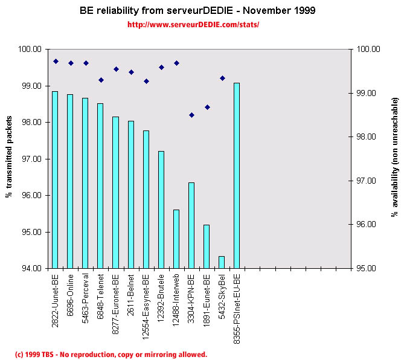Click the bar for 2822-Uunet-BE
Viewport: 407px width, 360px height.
[55, 179]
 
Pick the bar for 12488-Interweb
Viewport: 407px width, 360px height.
[176, 239]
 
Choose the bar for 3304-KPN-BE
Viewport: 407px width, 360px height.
[191, 225]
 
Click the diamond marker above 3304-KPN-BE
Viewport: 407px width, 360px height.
[191, 115]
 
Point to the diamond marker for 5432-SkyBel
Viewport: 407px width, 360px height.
[222, 78]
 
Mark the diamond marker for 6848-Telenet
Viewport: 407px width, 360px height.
[101, 80]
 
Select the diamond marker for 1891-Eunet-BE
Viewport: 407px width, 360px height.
[207, 107]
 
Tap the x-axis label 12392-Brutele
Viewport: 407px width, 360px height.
[161, 297]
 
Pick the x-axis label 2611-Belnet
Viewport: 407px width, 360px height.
[131, 294]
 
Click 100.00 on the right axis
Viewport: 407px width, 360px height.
[369, 50]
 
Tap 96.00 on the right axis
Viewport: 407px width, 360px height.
[369, 225]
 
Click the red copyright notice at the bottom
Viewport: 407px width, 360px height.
[111, 355]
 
